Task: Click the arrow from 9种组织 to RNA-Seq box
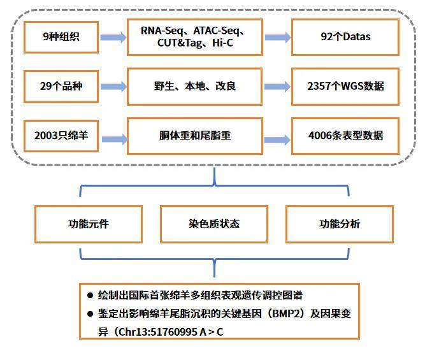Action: pos(113,38)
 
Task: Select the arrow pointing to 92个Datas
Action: pos(278,38)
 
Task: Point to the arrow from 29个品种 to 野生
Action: pos(113,87)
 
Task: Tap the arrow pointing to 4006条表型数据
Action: pos(277,140)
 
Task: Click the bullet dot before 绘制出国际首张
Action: pos(90,295)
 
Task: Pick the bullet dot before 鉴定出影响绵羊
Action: pos(90,314)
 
